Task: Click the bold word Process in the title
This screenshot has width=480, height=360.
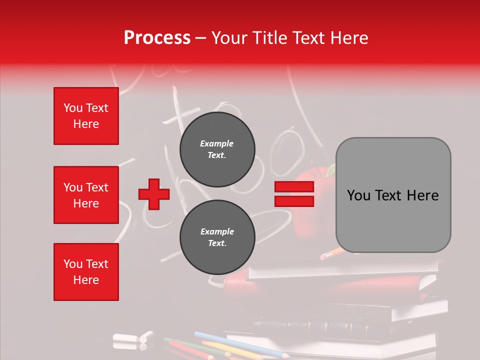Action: click(x=157, y=37)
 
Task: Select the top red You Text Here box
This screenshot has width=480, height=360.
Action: click(x=86, y=116)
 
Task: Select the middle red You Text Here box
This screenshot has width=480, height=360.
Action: click(x=86, y=195)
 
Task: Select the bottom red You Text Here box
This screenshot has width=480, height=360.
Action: click(x=86, y=272)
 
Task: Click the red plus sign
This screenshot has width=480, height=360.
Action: click(x=154, y=194)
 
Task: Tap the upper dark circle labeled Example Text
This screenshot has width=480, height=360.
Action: click(x=217, y=149)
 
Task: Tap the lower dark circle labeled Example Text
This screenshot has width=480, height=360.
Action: click(x=217, y=237)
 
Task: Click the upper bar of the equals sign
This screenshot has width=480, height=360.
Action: click(x=294, y=187)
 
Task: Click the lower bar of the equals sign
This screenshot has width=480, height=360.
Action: click(x=294, y=201)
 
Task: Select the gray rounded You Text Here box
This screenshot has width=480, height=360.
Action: click(x=393, y=195)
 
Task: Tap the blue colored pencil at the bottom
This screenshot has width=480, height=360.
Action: click(x=235, y=343)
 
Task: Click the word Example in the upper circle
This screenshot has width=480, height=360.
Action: click(x=217, y=143)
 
